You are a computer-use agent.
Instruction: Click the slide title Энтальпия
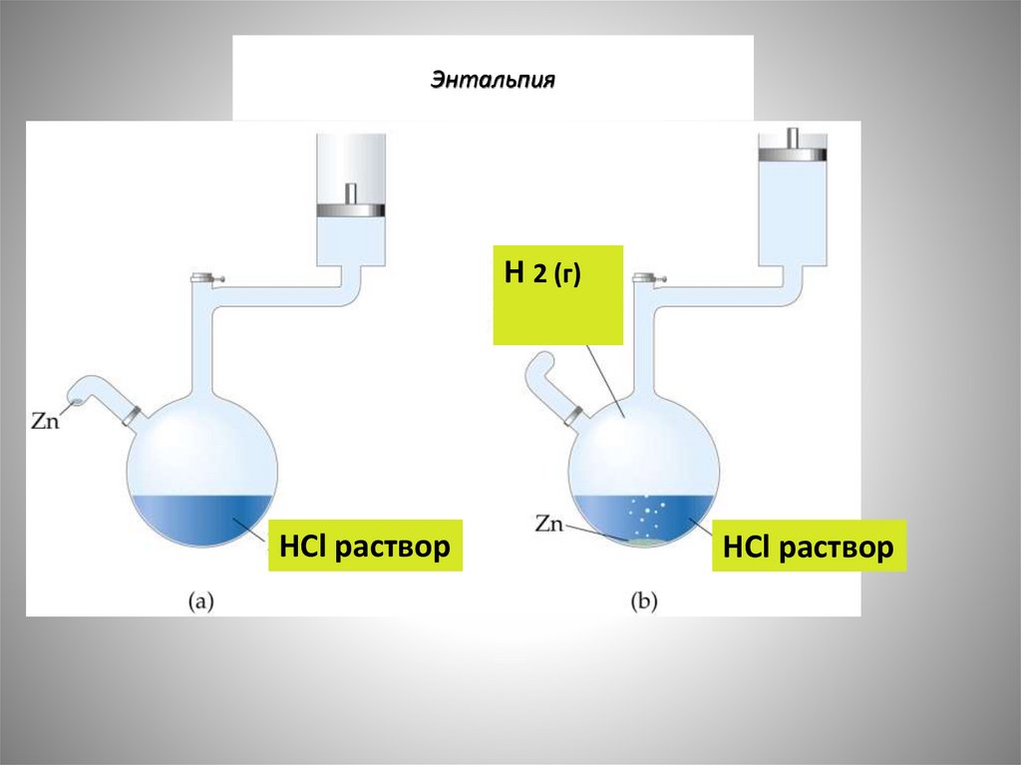pos(492,79)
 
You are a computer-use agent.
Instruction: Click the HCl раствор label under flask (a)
pos(365,545)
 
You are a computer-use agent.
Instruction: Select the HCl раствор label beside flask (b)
pos(809,547)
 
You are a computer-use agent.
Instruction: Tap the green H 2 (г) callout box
pos(558,295)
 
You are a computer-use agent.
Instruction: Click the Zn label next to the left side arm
pos(45,420)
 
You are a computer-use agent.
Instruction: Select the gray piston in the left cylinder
pos(349,210)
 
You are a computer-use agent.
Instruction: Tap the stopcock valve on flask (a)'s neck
pos(205,278)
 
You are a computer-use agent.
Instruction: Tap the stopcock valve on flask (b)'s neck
pos(645,278)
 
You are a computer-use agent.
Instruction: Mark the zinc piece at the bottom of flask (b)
pos(641,543)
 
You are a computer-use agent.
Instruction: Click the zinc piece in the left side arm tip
pos(75,403)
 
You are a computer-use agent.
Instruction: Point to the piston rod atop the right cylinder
pos(793,137)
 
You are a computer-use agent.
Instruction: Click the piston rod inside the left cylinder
pos(350,193)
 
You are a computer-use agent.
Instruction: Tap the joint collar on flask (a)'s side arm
pos(131,413)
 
